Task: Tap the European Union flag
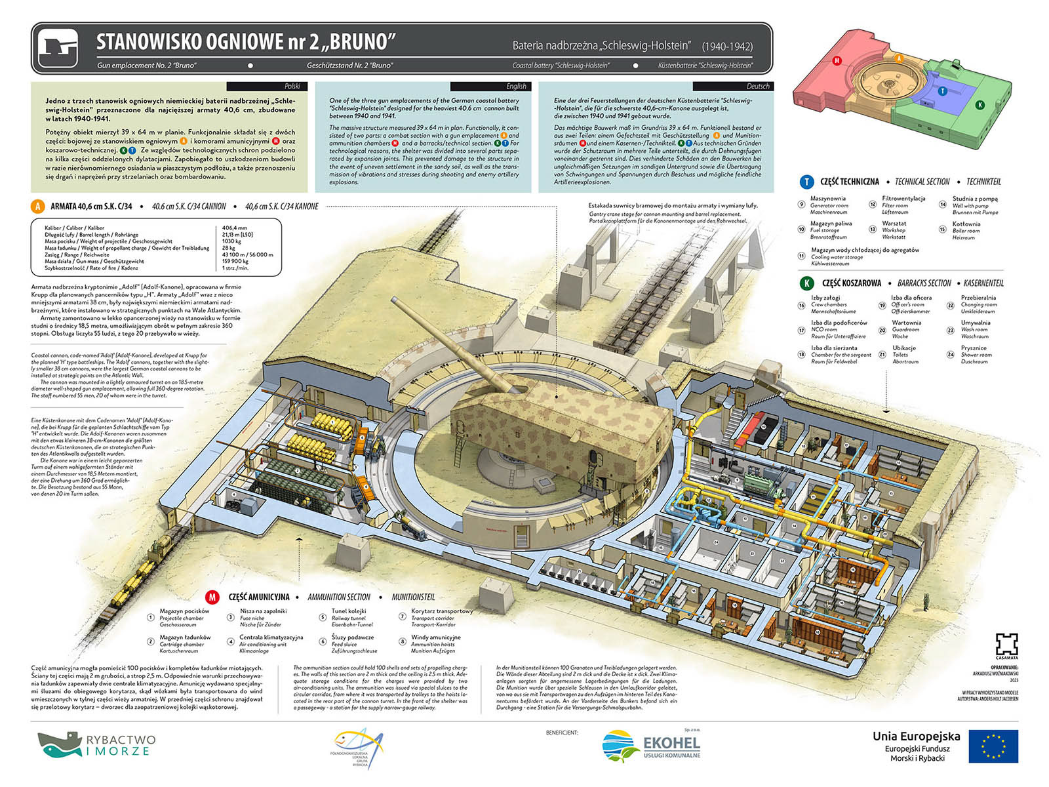[993, 746]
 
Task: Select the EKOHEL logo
[651, 746]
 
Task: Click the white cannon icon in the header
[58, 49]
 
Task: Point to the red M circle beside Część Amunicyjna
[212, 597]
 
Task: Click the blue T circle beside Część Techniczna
[806, 182]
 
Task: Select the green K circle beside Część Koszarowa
[806, 283]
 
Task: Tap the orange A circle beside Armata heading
[37, 207]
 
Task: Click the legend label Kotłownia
[966, 224]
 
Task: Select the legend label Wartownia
[907, 323]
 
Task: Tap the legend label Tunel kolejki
[349, 611]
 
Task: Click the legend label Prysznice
[974, 348]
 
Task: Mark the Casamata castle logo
[1006, 644]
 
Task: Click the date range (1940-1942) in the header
[727, 47]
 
